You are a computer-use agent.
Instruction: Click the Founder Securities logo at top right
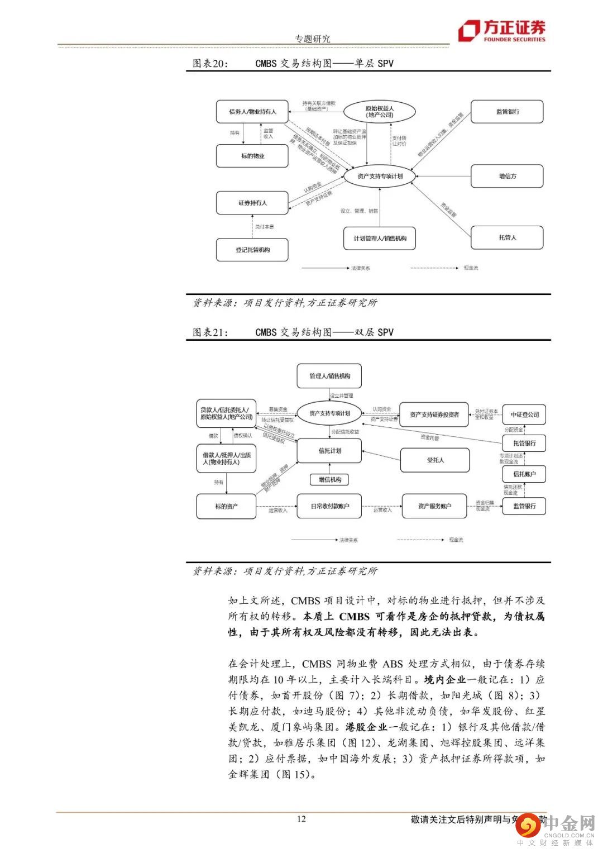pyautogui.click(x=501, y=31)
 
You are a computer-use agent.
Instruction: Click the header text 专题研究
pyautogui.click(x=313, y=39)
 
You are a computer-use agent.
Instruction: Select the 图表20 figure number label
pyautogui.click(x=210, y=64)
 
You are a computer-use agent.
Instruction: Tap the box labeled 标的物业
pyautogui.click(x=252, y=156)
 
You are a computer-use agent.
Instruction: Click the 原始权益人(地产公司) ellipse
pyautogui.click(x=380, y=112)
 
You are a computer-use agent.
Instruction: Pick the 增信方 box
pyautogui.click(x=507, y=176)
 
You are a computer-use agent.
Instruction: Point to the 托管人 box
pyautogui.click(x=507, y=237)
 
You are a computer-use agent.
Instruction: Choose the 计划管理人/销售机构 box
pyautogui.click(x=380, y=239)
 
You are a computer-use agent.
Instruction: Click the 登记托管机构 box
pyautogui.click(x=252, y=250)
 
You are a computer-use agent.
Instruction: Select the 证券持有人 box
pyautogui.click(x=252, y=203)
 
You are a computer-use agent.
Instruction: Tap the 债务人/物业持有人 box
pyautogui.click(x=252, y=112)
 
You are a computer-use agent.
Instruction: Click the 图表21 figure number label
pyautogui.click(x=210, y=332)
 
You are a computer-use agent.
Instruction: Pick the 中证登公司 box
pyautogui.click(x=524, y=414)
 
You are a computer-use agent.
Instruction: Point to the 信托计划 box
pyautogui.click(x=329, y=451)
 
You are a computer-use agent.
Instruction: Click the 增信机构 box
pyautogui.click(x=329, y=479)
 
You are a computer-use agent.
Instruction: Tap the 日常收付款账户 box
pyautogui.click(x=329, y=506)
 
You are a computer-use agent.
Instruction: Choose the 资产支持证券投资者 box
pyautogui.click(x=434, y=414)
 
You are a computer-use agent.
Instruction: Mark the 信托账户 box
pyautogui.click(x=524, y=474)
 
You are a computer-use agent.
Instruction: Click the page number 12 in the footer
pyautogui.click(x=301, y=819)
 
